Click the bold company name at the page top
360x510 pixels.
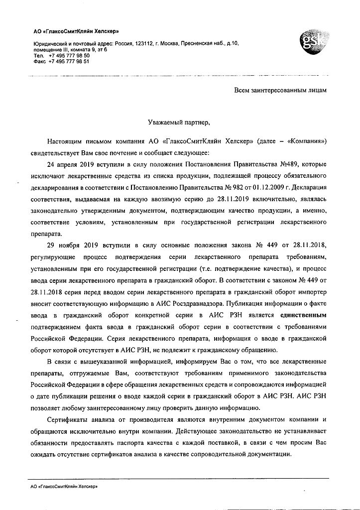(66, 32)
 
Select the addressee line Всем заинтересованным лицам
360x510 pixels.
(280, 90)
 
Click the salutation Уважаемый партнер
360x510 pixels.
(180, 121)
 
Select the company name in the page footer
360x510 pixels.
(64, 486)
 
